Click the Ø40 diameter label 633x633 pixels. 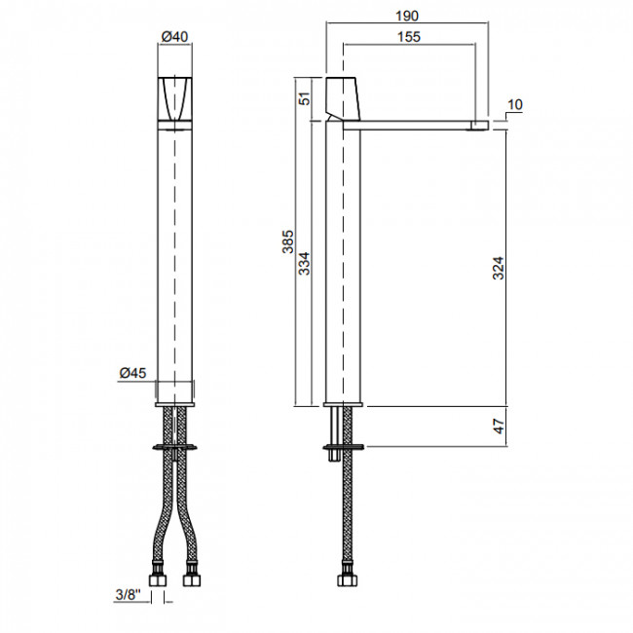click(174, 37)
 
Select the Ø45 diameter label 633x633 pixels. click(132, 373)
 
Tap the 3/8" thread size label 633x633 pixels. click(129, 595)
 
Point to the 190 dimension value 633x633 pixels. click(406, 16)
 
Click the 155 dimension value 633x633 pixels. click(409, 37)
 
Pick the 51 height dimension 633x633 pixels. click(305, 98)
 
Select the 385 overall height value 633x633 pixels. click(288, 242)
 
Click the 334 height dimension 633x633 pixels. click(304, 264)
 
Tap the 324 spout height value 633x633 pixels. click(499, 268)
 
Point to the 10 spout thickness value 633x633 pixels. click(515, 104)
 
